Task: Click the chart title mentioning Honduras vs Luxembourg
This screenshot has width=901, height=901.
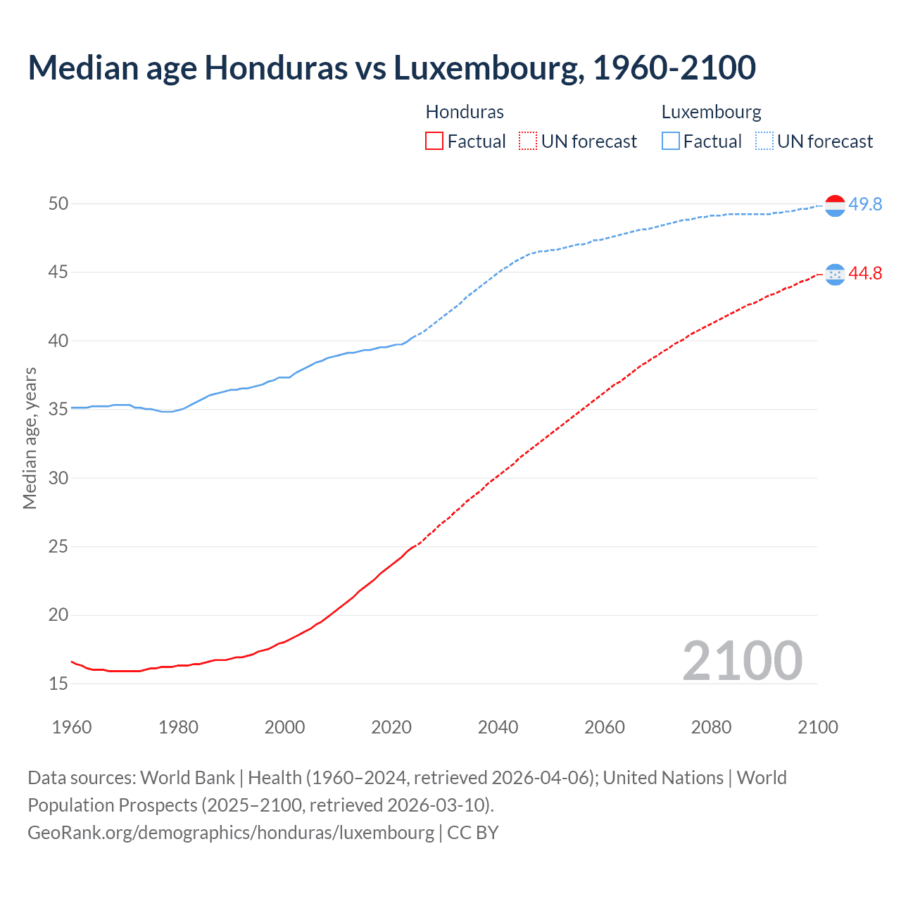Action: (x=391, y=68)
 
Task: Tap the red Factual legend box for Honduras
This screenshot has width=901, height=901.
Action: (x=434, y=141)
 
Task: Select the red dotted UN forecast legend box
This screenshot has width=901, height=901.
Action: (x=528, y=141)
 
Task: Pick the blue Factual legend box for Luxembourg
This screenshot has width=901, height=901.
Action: (x=671, y=141)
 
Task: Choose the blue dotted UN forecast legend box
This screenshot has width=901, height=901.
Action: (x=764, y=141)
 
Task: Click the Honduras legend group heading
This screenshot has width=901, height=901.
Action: (x=465, y=112)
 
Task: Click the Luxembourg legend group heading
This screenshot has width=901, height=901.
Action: (x=711, y=112)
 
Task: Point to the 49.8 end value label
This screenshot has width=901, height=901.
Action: (x=865, y=204)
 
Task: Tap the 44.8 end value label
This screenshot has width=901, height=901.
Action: (x=865, y=273)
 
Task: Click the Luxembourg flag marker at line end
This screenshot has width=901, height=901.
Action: (x=835, y=206)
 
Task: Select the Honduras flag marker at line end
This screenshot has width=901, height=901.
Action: (x=835, y=275)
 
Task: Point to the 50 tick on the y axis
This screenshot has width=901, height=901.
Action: (x=58, y=203)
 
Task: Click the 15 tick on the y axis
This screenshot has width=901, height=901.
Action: (x=58, y=683)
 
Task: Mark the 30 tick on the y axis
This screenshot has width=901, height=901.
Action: (x=58, y=478)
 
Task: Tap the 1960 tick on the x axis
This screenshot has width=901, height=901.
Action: (x=72, y=727)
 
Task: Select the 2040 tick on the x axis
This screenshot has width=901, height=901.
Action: (x=498, y=727)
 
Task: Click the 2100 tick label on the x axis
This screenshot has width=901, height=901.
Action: (x=818, y=727)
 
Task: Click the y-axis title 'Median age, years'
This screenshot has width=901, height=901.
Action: (x=30, y=438)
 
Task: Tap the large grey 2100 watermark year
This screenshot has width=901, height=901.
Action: (x=743, y=660)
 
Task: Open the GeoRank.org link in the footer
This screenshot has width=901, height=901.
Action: (x=231, y=832)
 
